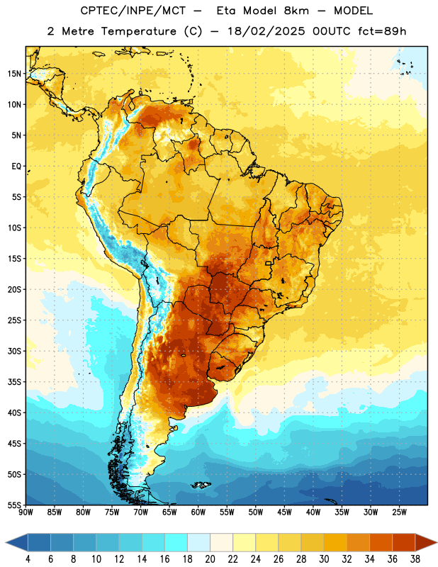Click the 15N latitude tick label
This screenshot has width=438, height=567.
coord(14,74)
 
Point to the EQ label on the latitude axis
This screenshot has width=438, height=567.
coord(16,167)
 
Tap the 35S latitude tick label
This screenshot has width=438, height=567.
coord(14,382)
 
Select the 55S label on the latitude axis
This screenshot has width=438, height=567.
coord(14,505)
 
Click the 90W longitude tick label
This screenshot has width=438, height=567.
coord(26,512)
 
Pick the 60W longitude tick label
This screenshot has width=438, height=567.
coord(198,512)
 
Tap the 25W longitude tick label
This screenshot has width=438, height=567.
coord(399,512)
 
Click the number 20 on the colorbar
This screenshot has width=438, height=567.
coord(210,559)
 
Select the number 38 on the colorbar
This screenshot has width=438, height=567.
coord(415,559)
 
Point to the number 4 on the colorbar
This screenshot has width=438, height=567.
coord(28,559)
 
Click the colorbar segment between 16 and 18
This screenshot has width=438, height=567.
coord(176,542)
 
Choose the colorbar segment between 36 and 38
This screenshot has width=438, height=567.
coord(404,542)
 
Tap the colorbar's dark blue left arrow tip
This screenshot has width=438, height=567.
coord(6,542)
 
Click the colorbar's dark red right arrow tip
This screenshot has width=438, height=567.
coord(437,542)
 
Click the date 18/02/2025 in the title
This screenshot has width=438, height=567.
coord(266,31)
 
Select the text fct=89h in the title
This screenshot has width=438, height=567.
coord(382,31)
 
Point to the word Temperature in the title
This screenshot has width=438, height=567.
coord(138,31)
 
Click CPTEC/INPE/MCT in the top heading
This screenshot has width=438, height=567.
coord(133,11)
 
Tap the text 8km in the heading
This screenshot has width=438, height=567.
coord(296,11)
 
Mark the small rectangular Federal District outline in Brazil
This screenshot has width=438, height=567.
coord(269,263)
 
